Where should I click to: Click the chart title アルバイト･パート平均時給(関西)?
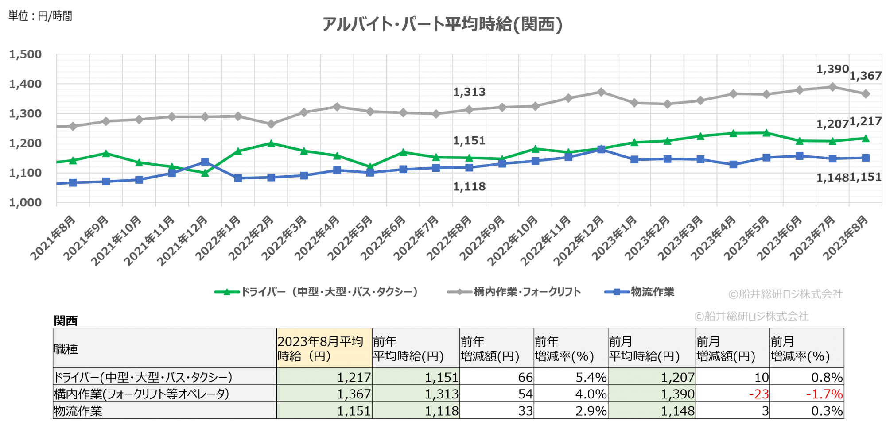pyautogui.click(x=442, y=24)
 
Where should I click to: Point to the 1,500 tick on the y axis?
pyautogui.click(x=26, y=54)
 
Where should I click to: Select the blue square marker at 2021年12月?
pyautogui.click(x=205, y=162)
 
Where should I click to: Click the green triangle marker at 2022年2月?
pyautogui.click(x=271, y=143)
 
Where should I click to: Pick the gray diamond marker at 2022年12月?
pyautogui.click(x=601, y=92)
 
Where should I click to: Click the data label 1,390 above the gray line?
pyautogui.click(x=832, y=69)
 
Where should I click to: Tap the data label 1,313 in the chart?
pyautogui.click(x=469, y=92)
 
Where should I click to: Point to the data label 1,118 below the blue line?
pyautogui.click(x=469, y=187)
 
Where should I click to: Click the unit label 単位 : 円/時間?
pyautogui.click(x=40, y=16)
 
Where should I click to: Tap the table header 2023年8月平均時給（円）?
pyautogui.click(x=324, y=348)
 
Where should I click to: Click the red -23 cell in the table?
pyautogui.click(x=758, y=394)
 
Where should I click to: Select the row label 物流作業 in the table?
pyautogui.click(x=78, y=411)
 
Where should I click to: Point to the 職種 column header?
pyautogui.click(x=66, y=349)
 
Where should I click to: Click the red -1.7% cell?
pyautogui.click(x=824, y=394)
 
